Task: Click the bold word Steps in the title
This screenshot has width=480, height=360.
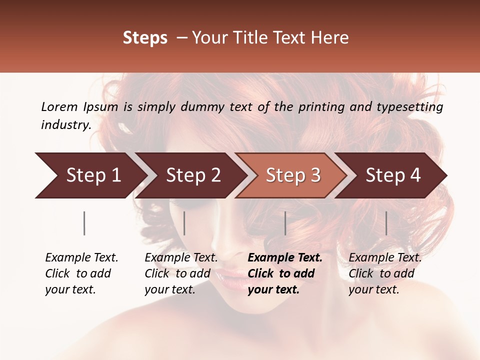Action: (x=145, y=38)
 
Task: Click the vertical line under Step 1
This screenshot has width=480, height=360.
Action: (x=84, y=223)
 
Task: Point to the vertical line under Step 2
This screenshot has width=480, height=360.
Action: (x=184, y=223)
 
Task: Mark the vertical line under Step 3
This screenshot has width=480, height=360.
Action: (x=285, y=223)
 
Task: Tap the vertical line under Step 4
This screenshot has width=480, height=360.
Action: (x=386, y=223)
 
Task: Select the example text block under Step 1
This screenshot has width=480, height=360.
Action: (x=81, y=273)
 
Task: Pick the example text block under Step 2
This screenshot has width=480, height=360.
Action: (x=181, y=273)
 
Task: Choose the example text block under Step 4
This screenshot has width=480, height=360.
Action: (x=385, y=273)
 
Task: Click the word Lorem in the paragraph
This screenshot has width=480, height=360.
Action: (x=59, y=106)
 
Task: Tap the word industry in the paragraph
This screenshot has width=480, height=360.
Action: (x=65, y=124)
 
